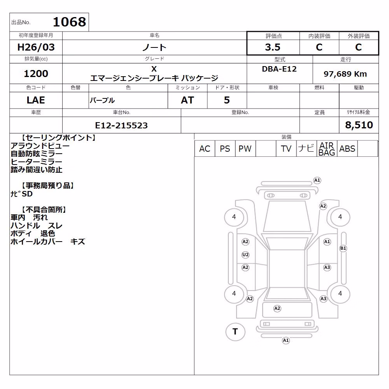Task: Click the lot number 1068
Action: click(70, 22)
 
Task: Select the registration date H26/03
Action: click(36, 47)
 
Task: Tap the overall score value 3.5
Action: click(273, 47)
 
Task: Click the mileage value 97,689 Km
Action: click(345, 74)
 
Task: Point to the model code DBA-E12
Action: click(279, 69)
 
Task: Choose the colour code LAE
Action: click(36, 100)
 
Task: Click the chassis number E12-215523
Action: click(121, 126)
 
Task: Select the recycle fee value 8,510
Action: click(359, 125)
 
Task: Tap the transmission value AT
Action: click(187, 100)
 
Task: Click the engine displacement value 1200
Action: click(36, 74)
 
